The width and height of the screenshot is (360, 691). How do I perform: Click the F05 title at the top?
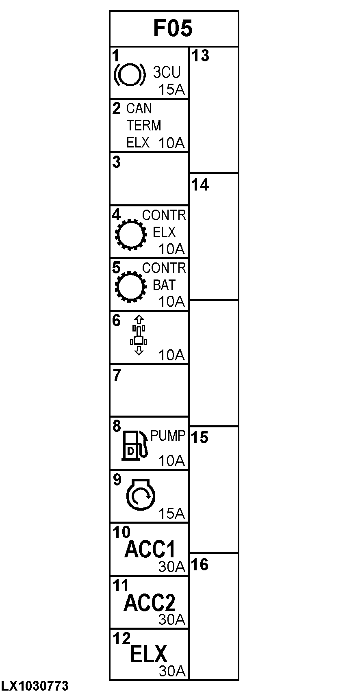(173, 28)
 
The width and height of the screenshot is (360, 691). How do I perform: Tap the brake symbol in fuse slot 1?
(129, 74)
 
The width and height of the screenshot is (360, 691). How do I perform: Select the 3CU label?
(167, 73)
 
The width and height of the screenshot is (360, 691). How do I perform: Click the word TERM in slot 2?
(144, 126)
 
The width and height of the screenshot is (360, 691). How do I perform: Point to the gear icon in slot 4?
(131, 234)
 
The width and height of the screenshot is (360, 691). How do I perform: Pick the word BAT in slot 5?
(164, 285)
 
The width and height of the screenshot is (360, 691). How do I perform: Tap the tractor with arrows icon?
(139, 335)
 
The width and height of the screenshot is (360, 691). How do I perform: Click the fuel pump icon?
(134, 445)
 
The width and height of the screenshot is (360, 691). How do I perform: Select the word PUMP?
(168, 435)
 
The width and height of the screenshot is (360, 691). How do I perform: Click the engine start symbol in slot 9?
(141, 495)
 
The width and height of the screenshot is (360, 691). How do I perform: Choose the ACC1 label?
(150, 550)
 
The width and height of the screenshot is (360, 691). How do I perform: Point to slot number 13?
(200, 56)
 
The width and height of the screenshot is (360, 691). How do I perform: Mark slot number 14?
(200, 185)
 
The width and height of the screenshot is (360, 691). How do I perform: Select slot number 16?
(200, 564)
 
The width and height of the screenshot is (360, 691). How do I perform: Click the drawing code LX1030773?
(35, 686)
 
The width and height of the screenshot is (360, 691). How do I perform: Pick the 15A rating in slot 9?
(171, 513)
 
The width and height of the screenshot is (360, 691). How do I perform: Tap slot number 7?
(117, 376)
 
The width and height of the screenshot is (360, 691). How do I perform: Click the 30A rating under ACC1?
(171, 567)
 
